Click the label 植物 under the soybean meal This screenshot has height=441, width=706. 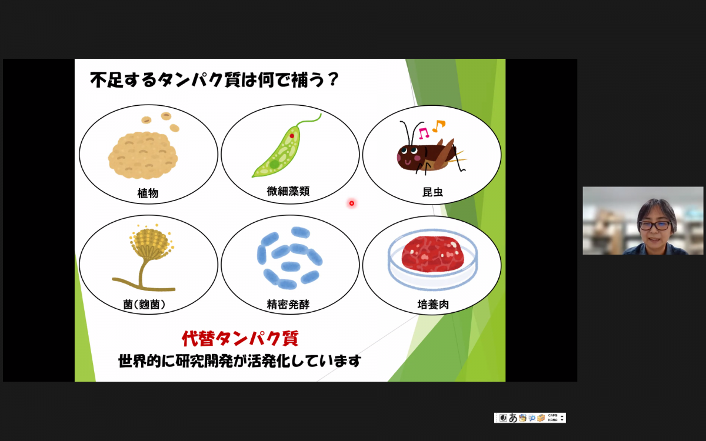(148, 193)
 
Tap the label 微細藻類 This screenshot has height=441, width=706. (288, 191)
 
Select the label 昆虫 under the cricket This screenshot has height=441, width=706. (433, 192)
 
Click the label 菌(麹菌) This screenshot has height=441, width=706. (144, 305)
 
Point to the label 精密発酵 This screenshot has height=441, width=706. (288, 305)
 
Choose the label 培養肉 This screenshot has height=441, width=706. (433, 305)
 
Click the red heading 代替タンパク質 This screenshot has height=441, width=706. (240, 339)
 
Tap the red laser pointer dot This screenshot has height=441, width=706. (352, 203)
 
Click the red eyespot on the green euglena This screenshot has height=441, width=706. (292, 136)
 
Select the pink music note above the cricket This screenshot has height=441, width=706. (424, 133)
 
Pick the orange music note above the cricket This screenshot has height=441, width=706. (439, 126)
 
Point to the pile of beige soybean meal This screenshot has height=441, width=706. (143, 155)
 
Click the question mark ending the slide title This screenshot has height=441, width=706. (332, 79)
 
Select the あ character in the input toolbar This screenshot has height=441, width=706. (513, 417)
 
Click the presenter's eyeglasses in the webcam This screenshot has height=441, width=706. (655, 226)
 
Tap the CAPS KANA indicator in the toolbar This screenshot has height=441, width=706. (552, 417)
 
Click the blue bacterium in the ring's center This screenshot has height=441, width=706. (290, 266)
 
